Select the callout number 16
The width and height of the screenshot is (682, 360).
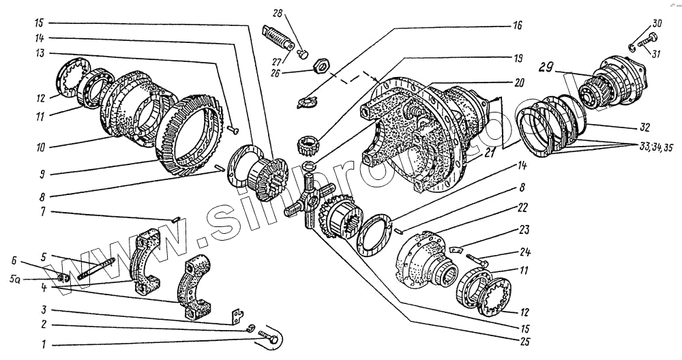[x=517, y=25]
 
